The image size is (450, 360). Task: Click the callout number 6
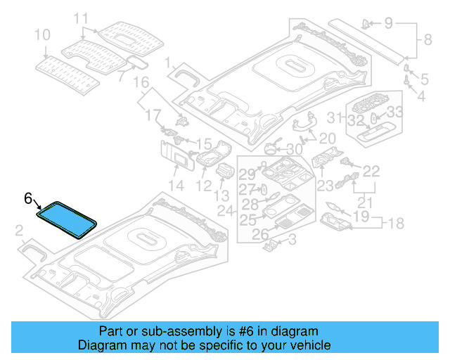[28, 199]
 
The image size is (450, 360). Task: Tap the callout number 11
[82, 18]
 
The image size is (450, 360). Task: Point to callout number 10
[42, 34]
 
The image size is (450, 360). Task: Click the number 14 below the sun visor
[176, 186]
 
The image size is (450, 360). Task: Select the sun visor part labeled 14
[176, 156]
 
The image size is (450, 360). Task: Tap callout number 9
[388, 24]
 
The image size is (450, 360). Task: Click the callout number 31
[336, 117]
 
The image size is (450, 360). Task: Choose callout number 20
[327, 138]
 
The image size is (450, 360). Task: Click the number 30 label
[294, 150]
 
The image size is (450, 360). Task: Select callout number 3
[292, 240]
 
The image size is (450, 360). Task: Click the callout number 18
[397, 224]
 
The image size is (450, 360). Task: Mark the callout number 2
[19, 229]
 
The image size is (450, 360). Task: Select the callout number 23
[325, 186]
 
